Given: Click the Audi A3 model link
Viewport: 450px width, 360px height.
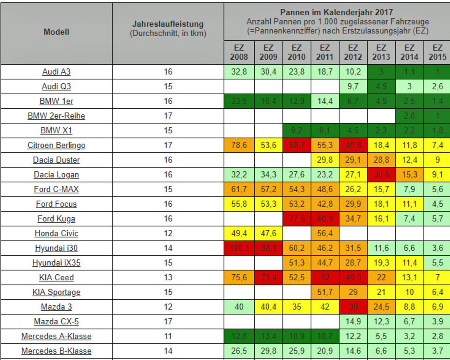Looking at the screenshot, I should tap(56, 72).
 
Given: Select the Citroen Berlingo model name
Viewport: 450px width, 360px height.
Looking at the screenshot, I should tap(56, 145).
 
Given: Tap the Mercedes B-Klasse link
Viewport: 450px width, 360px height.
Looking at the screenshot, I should tap(56, 351).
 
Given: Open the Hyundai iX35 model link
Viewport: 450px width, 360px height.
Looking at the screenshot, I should tap(56, 263).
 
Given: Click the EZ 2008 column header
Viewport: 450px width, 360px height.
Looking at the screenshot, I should tap(239, 52).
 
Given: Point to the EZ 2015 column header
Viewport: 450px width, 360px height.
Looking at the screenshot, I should tap(437, 52).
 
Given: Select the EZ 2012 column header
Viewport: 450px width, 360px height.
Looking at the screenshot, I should tap(353, 52).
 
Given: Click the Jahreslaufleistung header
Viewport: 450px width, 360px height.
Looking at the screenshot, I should tap(168, 24).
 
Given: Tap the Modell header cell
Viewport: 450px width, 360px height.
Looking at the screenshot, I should tap(56, 32).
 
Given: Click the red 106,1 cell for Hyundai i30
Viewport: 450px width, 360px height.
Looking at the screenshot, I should tap(239, 248).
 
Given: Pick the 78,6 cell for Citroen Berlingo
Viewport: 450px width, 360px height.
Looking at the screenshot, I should tap(239, 145).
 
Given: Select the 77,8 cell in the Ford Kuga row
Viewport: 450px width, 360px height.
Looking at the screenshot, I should tap(297, 219).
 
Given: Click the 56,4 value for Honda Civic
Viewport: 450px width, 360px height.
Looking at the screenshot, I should tap(325, 234).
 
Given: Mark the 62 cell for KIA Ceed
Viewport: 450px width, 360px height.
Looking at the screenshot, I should tap(325, 278).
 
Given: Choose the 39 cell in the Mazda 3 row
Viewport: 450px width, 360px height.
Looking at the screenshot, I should tap(353, 307).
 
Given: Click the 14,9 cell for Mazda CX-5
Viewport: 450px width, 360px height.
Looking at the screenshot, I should tap(353, 322).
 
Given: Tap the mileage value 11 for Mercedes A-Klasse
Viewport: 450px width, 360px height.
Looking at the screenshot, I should tap(168, 336).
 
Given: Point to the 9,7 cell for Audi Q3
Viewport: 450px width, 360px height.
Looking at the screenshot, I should tap(353, 86).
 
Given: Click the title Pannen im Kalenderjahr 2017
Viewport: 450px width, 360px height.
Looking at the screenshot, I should tap(336, 12).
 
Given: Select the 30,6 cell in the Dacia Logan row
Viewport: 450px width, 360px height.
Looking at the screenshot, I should tap(381, 175).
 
